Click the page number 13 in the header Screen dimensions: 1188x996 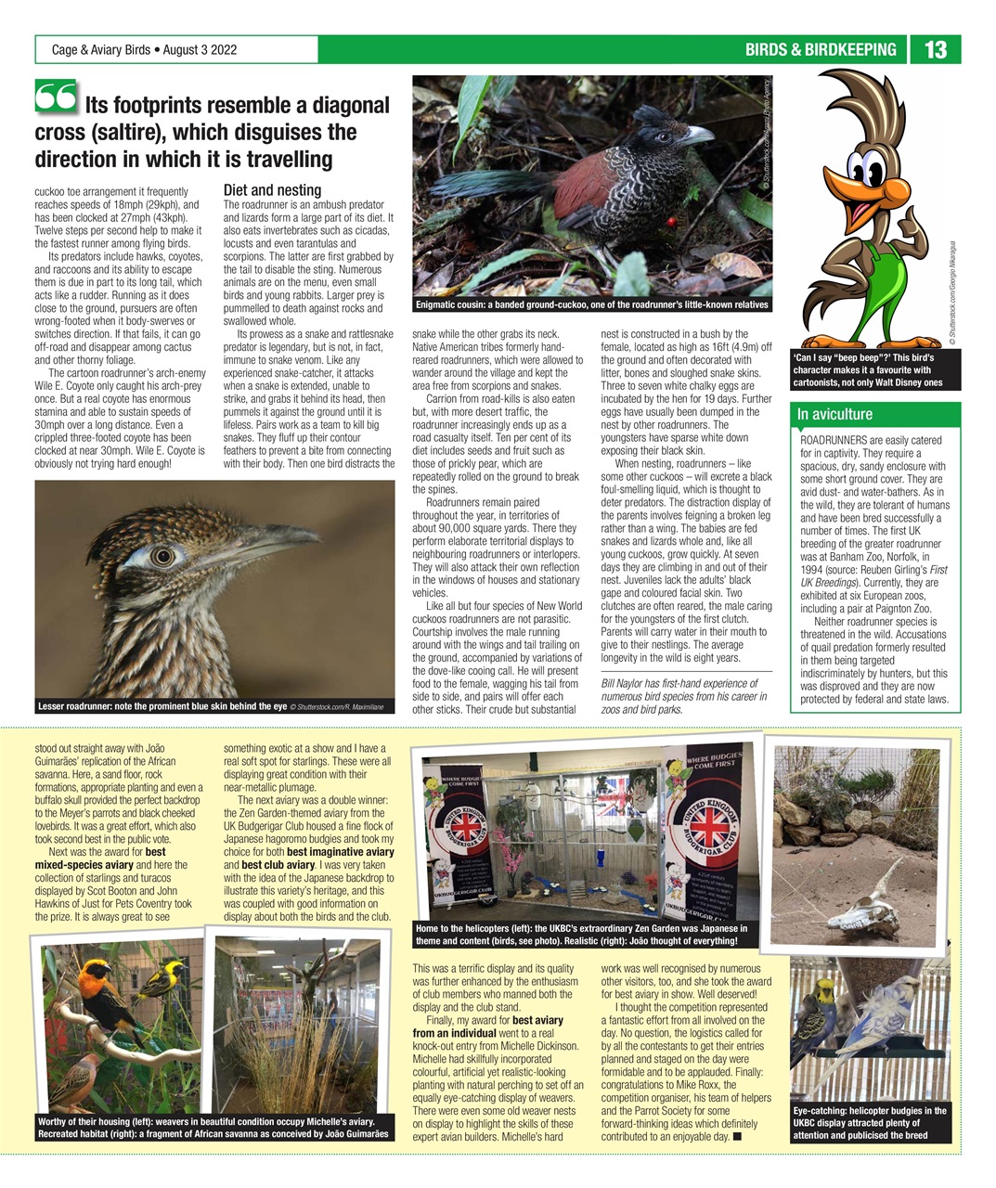936,49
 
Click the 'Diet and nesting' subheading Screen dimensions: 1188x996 272,190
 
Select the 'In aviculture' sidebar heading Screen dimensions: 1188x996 835,414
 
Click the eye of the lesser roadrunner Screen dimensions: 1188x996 163,556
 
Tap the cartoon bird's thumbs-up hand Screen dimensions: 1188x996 913,224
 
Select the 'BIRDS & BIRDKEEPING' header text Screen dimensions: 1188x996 821,49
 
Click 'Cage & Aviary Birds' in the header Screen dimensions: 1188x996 101,50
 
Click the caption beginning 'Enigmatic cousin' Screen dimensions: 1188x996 592,305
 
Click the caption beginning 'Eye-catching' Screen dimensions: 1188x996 870,1122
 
